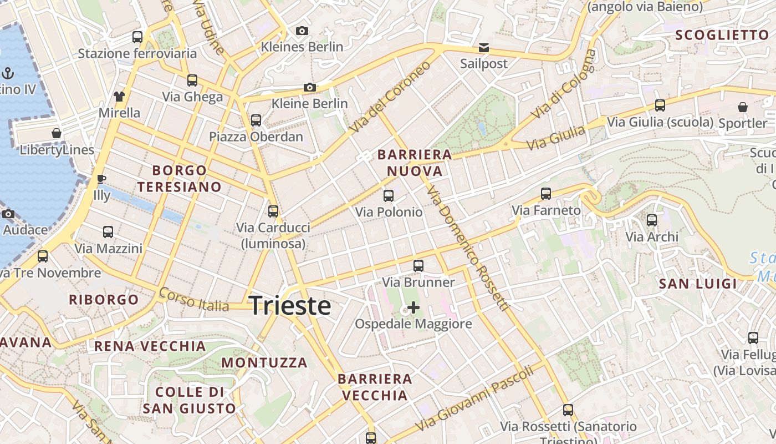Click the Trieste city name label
click(290, 306)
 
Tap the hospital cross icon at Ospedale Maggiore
click(413, 307)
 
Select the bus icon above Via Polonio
click(389, 195)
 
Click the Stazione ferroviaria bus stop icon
click(137, 37)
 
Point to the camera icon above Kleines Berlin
click(302, 31)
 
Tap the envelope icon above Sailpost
click(484, 47)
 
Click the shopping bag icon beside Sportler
click(743, 107)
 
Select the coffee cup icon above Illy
click(101, 179)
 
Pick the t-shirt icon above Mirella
click(119, 97)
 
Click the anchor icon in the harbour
click(8, 73)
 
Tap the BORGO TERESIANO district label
click(180, 178)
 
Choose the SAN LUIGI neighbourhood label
click(698, 284)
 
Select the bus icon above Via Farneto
click(546, 194)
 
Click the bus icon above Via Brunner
click(418, 266)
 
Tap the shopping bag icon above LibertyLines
click(57, 133)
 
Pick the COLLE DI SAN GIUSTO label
click(189, 400)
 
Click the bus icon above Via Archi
click(652, 220)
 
